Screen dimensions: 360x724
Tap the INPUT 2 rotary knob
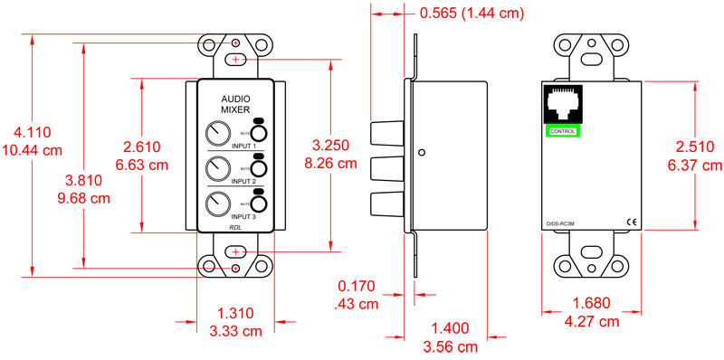pyautogui.click(x=217, y=168)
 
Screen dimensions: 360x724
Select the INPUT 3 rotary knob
pyautogui.click(x=217, y=203)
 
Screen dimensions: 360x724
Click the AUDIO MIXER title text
pyautogui.click(x=235, y=104)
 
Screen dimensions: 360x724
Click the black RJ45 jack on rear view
pyautogui.click(x=562, y=106)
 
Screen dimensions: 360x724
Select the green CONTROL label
pyautogui.click(x=562, y=132)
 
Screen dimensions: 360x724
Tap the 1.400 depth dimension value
pyautogui.click(x=452, y=327)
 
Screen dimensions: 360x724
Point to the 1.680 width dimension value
pyautogui.click(x=592, y=303)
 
